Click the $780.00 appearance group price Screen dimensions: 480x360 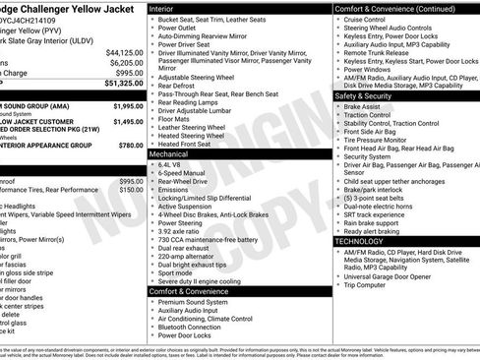[x=130, y=145]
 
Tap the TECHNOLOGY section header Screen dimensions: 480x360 [x=360, y=240]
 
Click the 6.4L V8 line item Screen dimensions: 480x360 [x=170, y=164]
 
